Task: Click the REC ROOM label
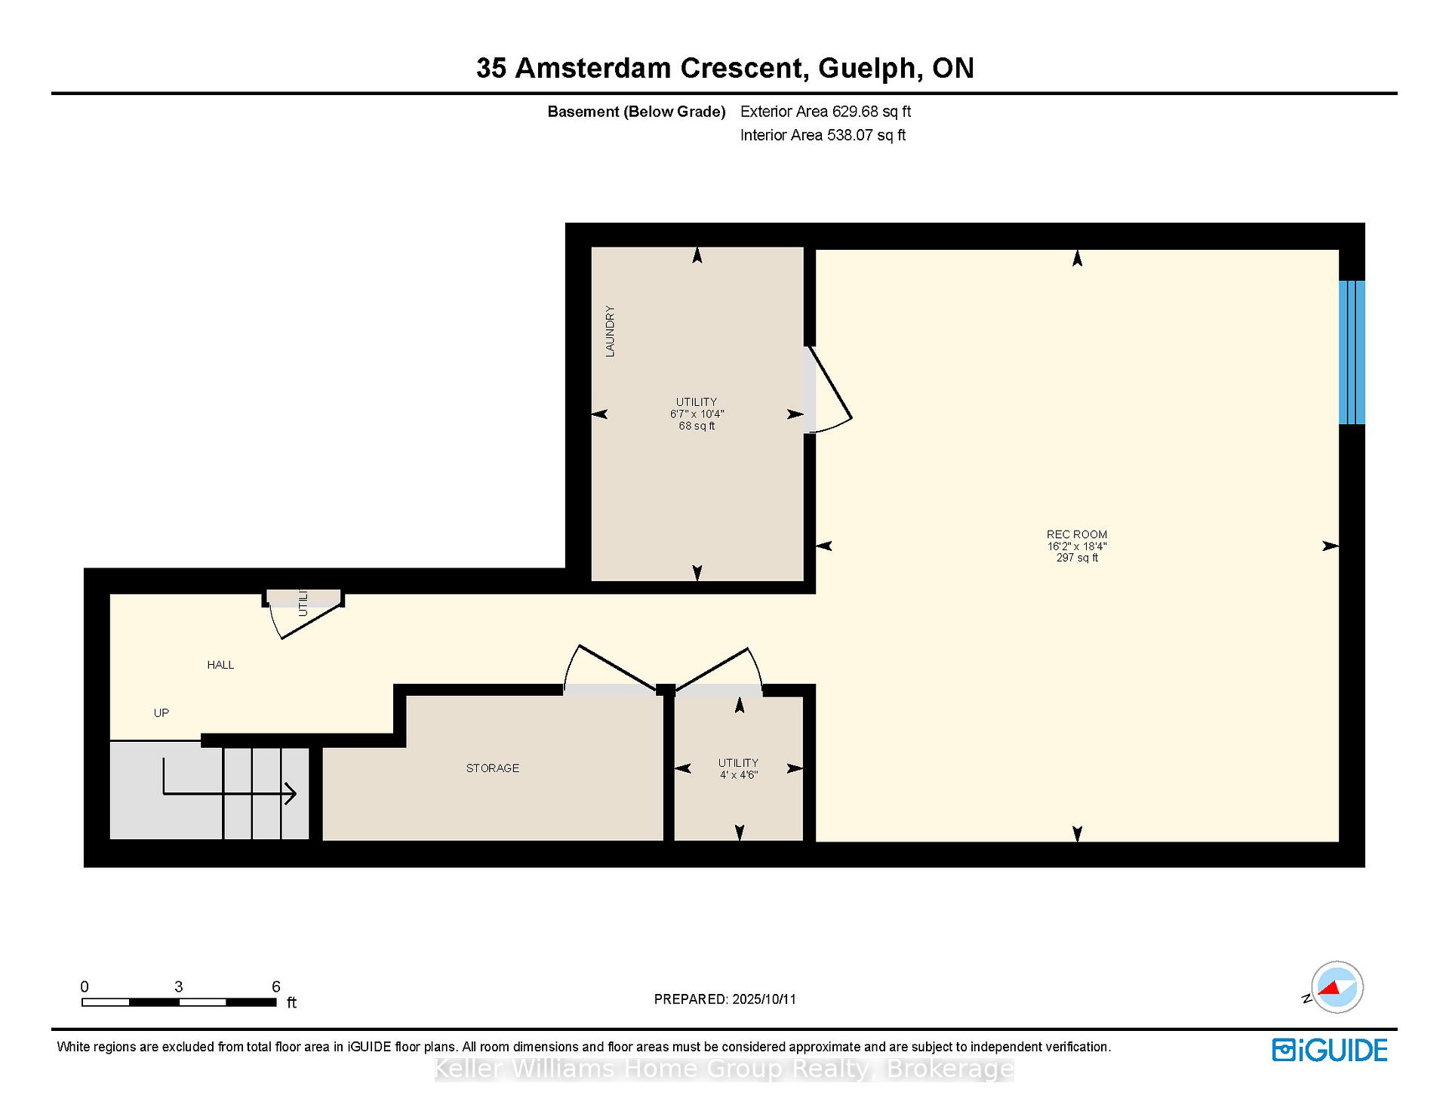tap(1077, 534)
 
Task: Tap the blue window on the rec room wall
tap(1352, 352)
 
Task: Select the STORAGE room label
tap(493, 768)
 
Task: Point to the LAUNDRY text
tap(610, 331)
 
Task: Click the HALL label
tap(220, 665)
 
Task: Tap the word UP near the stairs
tap(162, 713)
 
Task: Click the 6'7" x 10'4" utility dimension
tap(697, 414)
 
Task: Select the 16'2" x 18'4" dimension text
tap(1077, 546)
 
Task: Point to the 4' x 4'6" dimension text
tap(739, 775)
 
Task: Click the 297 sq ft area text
tap(1077, 558)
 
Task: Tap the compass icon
tap(1337, 987)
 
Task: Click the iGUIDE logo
tap(1330, 1050)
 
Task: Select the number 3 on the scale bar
tap(178, 986)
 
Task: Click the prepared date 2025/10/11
tap(764, 999)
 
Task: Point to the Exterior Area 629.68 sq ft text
tap(826, 112)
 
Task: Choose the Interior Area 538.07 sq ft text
tap(823, 135)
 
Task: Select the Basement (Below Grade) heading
tap(636, 112)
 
